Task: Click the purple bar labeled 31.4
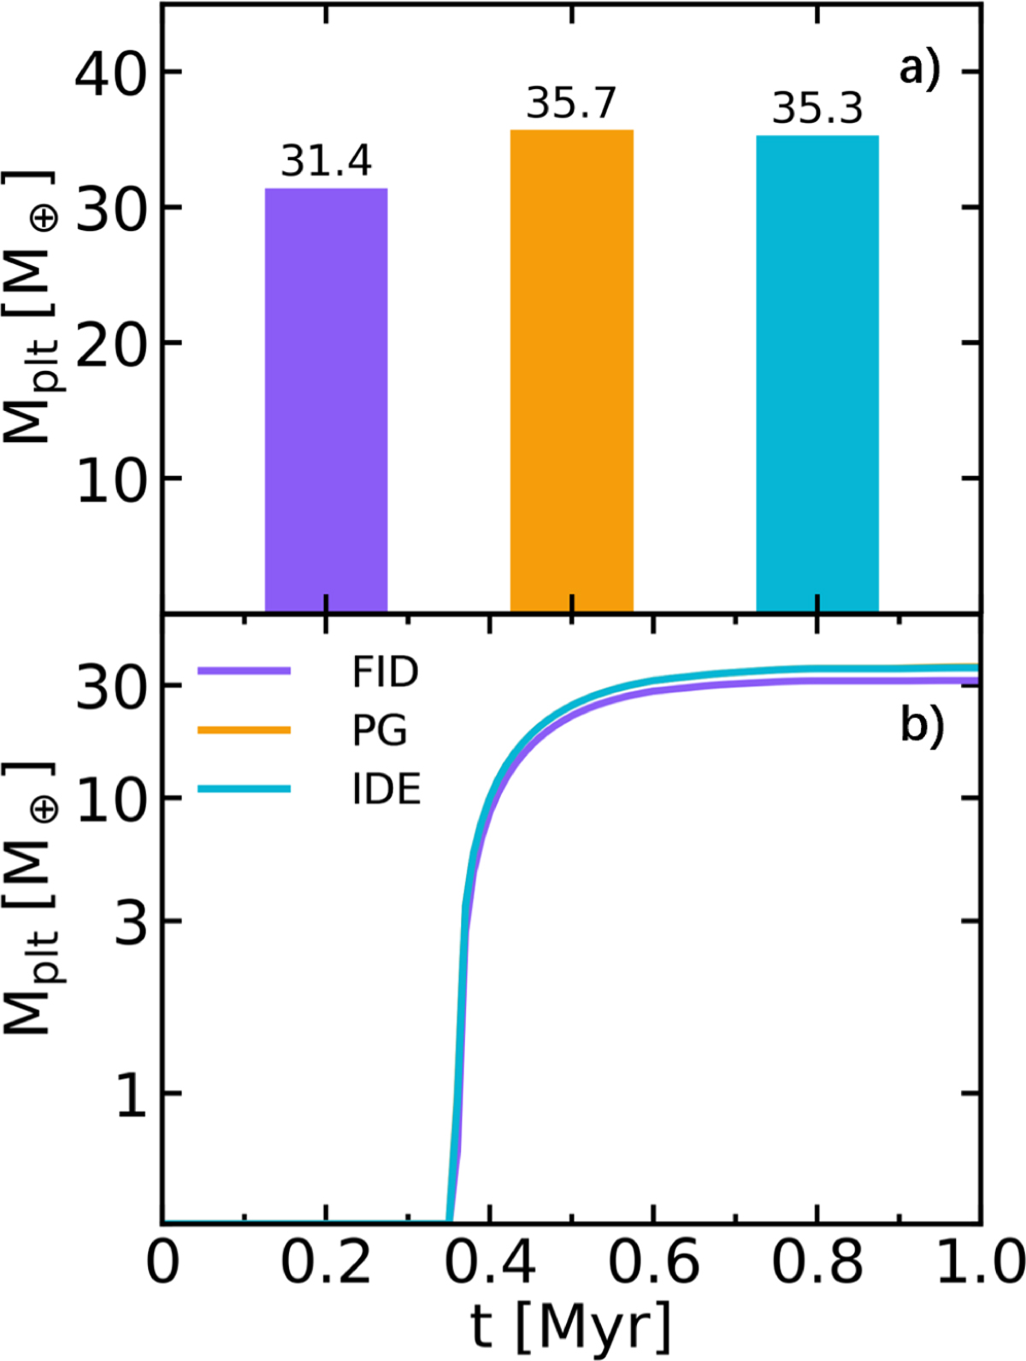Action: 326,399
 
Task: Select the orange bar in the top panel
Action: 571,370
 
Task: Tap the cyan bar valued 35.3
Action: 817,373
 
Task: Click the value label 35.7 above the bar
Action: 571,104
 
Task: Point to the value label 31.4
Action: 326,162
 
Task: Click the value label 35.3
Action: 817,109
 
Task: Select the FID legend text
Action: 386,674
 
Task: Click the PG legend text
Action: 380,731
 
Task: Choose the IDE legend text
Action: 386,790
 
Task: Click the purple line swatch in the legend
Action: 244,672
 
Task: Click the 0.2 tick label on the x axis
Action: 326,1264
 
